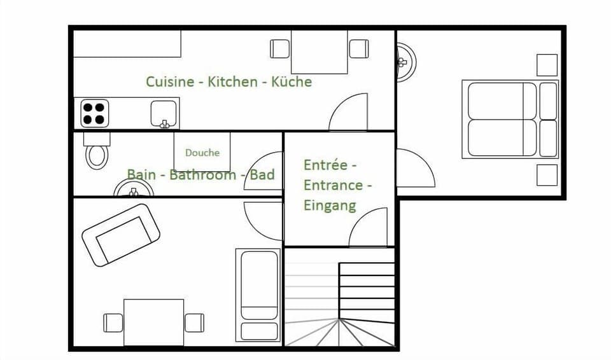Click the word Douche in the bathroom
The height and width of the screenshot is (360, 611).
tap(202, 153)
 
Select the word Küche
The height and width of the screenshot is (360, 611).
tap(291, 82)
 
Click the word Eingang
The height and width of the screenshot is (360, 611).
tap(330, 205)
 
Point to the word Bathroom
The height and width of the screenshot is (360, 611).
tap(202, 174)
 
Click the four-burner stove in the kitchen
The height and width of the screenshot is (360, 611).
tap(94, 113)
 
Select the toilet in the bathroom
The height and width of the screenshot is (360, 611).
tap(97, 153)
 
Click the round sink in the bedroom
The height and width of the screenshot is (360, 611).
tap(405, 62)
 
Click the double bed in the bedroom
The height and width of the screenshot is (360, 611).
tap(509, 119)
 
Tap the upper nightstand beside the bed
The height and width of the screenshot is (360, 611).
tap(547, 65)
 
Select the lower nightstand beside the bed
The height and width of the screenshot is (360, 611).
tap(547, 175)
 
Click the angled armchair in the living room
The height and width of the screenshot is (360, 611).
tap(121, 235)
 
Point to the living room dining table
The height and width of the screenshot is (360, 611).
tap(153, 322)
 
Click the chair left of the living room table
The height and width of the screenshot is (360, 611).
tap(113, 322)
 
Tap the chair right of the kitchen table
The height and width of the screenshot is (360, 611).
tap(358, 49)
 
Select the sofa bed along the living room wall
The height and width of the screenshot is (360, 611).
tap(258, 294)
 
